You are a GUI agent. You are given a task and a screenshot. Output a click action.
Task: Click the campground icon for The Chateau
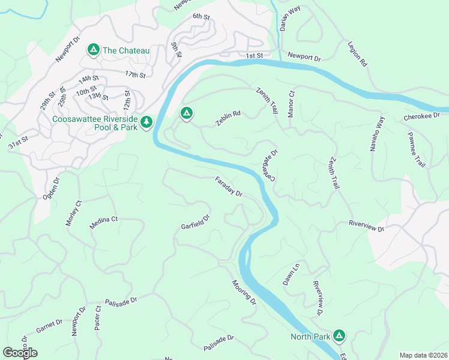click(93, 49)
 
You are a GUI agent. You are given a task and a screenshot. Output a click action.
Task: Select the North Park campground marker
click(339, 336)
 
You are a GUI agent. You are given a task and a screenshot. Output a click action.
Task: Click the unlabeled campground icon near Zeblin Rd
click(186, 112)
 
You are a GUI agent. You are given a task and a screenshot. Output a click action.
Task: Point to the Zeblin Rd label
click(228, 118)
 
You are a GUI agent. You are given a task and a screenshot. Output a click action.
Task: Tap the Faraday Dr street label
click(229, 187)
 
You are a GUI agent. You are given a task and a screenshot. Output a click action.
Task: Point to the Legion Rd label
click(357, 53)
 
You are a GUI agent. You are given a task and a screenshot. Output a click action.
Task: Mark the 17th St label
click(136, 75)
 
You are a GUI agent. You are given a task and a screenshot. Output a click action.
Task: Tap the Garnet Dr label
click(49, 326)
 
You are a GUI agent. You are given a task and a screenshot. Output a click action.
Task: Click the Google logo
click(20, 352)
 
